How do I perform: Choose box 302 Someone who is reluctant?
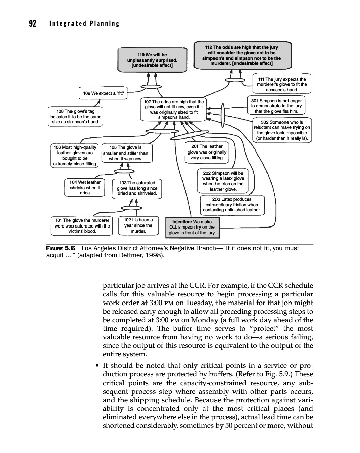(281, 130)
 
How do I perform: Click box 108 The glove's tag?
(76, 116)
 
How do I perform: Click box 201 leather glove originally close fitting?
(207, 152)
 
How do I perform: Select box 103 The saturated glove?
(136, 188)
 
